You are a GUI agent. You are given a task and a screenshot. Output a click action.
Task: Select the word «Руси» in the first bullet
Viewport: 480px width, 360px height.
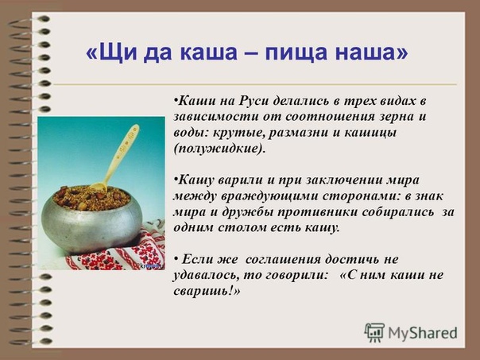[x=253, y=100]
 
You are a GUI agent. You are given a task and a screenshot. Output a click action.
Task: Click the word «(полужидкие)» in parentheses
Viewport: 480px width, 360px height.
[x=219, y=149]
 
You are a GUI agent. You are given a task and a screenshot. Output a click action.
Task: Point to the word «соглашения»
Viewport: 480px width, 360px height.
[x=283, y=260]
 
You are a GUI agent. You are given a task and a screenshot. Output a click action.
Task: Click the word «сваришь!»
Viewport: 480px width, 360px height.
[x=207, y=291]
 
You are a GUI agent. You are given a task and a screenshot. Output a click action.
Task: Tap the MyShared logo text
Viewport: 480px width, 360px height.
[x=423, y=332]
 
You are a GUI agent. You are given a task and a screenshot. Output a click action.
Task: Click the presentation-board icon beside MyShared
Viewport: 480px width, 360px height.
[x=374, y=332]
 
